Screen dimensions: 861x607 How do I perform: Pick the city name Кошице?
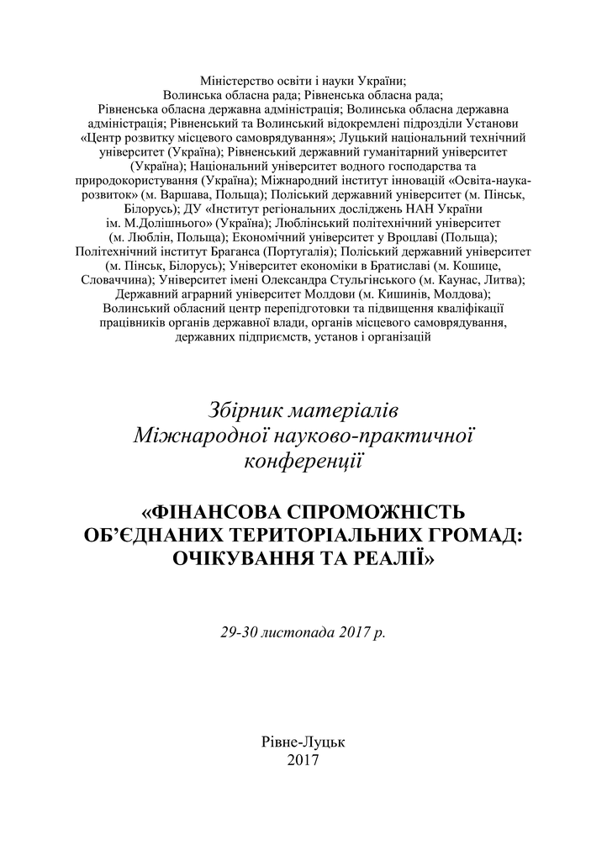[478, 266]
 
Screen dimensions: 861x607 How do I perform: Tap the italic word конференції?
[303, 461]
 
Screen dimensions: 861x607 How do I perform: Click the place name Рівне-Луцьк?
[303, 742]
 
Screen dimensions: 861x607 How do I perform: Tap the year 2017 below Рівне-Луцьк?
[303, 760]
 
